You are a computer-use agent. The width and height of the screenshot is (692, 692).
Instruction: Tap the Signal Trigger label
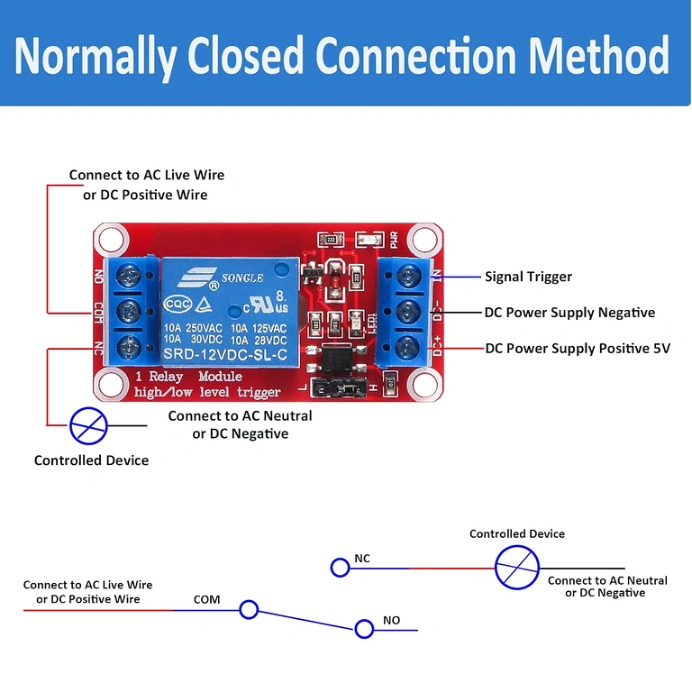coord(528,277)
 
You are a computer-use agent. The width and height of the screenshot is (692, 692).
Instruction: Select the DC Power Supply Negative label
coord(569,313)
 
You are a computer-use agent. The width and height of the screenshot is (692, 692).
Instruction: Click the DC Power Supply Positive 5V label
coord(578,348)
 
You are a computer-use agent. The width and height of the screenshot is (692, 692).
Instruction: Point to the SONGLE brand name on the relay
coord(239,278)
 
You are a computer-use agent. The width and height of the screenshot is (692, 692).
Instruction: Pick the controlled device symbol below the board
coord(89,424)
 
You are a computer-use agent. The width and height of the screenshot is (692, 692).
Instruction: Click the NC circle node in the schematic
coord(340,567)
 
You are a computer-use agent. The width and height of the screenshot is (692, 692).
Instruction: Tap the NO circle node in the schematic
coord(364,628)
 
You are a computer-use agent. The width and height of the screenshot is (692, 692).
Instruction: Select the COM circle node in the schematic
coord(249,610)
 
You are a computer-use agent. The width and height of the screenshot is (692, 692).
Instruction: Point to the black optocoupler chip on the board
coord(334,360)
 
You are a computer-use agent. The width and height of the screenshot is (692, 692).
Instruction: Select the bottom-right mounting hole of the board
coord(423,383)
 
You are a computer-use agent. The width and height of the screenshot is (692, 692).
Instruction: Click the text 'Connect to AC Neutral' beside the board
coord(240,415)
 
